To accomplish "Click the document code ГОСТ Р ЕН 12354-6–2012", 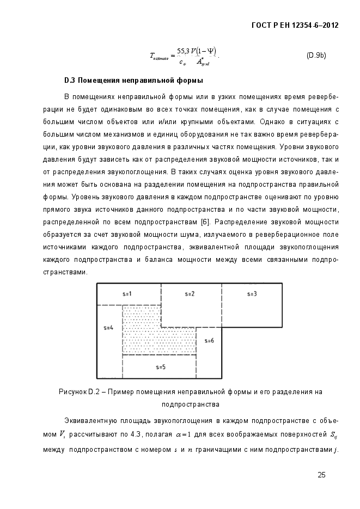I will click(x=292, y=26).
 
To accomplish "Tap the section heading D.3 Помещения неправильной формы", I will click(x=133, y=81).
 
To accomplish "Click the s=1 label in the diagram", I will click(x=127, y=293).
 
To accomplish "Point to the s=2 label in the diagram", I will click(x=190, y=293).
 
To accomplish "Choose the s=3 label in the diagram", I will click(x=252, y=293).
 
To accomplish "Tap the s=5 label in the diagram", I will click(x=160, y=367).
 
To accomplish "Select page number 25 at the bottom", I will click(x=321, y=475).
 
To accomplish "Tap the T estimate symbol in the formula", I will click(x=160, y=56).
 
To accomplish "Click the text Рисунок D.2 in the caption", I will click(x=78, y=391).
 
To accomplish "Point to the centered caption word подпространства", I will click(x=191, y=404).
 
